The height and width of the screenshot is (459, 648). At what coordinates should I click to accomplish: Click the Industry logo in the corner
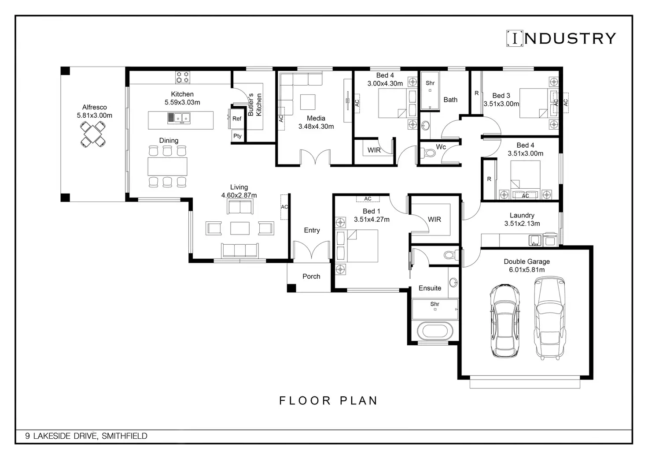561,38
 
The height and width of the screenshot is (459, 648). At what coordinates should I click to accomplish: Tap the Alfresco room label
94,107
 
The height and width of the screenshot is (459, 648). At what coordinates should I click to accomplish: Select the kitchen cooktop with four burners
183,77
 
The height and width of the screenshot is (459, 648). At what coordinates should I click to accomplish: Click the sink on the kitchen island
179,118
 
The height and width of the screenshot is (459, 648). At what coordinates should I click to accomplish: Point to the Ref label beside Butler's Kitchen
237,119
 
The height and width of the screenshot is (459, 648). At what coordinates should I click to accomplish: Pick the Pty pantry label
237,136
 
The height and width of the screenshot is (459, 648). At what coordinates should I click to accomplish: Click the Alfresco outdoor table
93,134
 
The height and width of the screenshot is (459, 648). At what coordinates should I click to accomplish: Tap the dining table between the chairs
167,166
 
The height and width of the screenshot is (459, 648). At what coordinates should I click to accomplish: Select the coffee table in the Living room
240,228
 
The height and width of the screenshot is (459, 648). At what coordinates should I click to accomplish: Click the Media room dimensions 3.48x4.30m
316,127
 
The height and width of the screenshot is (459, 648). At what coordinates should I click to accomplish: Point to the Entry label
312,230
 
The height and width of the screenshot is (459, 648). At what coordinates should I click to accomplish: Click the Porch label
311,276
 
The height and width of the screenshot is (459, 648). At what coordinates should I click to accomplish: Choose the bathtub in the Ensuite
435,332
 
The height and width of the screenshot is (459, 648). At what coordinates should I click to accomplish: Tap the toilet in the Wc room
429,153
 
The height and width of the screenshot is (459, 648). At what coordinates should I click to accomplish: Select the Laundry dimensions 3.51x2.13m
522,224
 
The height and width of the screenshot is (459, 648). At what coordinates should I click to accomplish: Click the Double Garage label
527,261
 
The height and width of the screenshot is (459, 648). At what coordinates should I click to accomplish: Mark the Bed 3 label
501,96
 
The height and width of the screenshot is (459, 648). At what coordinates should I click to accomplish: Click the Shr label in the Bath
430,83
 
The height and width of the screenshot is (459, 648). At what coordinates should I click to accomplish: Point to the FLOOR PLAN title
328,401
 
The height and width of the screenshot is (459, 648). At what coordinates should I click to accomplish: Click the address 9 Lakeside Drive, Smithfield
86,436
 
